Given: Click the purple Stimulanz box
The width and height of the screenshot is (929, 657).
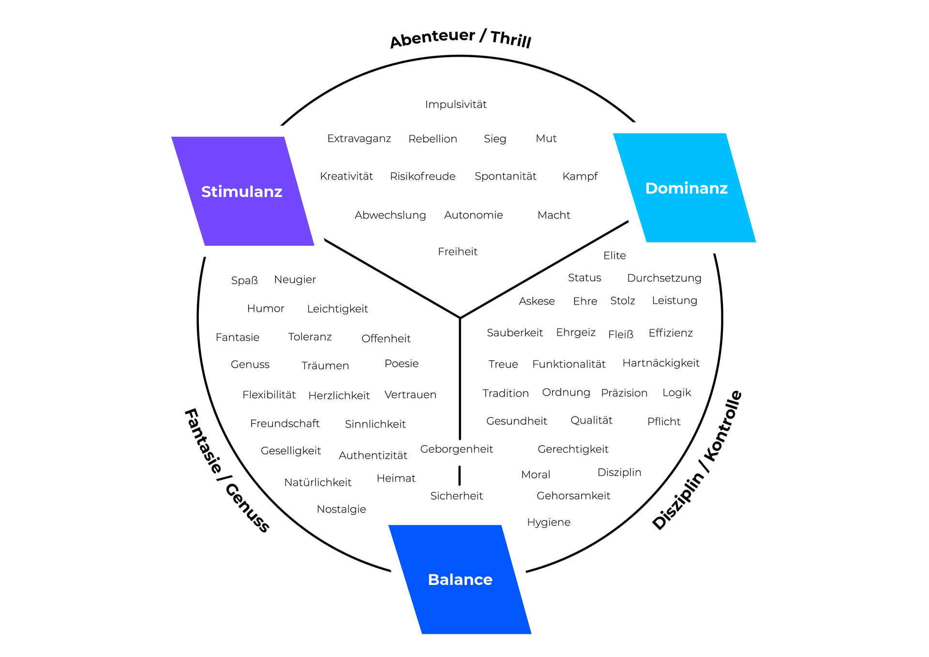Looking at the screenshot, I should click(x=242, y=192).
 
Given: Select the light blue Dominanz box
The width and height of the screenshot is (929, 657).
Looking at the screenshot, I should click(x=686, y=188).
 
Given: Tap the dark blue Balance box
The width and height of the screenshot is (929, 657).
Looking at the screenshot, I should click(x=460, y=580).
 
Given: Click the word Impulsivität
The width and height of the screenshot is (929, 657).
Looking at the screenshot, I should click(x=456, y=105).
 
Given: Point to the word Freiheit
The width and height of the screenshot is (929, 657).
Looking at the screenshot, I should click(x=457, y=252).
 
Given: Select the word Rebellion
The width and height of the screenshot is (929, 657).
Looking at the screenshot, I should click(x=433, y=139).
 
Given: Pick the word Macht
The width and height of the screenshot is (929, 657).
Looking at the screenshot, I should click(x=554, y=215).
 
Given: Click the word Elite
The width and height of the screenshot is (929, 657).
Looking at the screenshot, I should click(x=614, y=255).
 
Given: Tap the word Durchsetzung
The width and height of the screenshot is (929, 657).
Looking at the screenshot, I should click(x=664, y=278).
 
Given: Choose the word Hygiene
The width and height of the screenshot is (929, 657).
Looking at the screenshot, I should click(x=548, y=523).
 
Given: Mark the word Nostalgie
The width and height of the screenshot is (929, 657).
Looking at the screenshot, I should click(x=341, y=509).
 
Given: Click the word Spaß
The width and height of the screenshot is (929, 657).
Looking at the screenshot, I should click(x=244, y=281).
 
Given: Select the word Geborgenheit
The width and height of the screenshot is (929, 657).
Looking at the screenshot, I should click(x=456, y=449).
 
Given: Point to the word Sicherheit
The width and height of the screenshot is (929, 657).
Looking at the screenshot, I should click(x=456, y=496).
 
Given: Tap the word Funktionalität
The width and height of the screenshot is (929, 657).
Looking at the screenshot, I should click(x=569, y=364).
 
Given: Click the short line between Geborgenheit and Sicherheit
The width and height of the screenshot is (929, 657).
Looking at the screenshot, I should click(x=459, y=475).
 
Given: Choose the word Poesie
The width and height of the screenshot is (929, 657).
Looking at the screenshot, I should click(x=401, y=364).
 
